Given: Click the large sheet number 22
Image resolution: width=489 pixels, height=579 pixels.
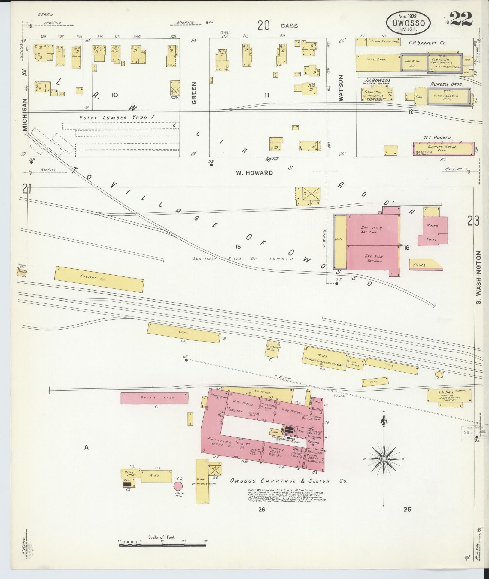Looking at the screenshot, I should point(461,20).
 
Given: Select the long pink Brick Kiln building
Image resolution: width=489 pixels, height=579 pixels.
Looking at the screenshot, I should point(154,398).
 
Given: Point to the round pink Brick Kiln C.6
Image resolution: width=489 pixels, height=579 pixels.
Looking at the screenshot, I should point(178,486).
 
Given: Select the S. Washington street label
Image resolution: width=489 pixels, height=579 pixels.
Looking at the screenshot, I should point(479,278).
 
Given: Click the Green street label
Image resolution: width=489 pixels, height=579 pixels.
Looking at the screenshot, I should point(194,93).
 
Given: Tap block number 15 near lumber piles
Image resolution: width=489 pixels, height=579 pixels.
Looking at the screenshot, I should point(238,247).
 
